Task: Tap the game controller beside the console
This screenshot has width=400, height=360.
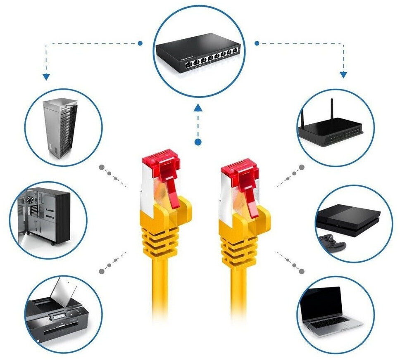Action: (x=332, y=242)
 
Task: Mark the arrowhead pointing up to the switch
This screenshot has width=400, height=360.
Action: (x=198, y=108)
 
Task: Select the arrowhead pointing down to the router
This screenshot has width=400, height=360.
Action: (x=343, y=75)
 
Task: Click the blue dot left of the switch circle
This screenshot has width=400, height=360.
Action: (x=140, y=43)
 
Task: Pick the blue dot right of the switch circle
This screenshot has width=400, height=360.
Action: (x=257, y=43)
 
